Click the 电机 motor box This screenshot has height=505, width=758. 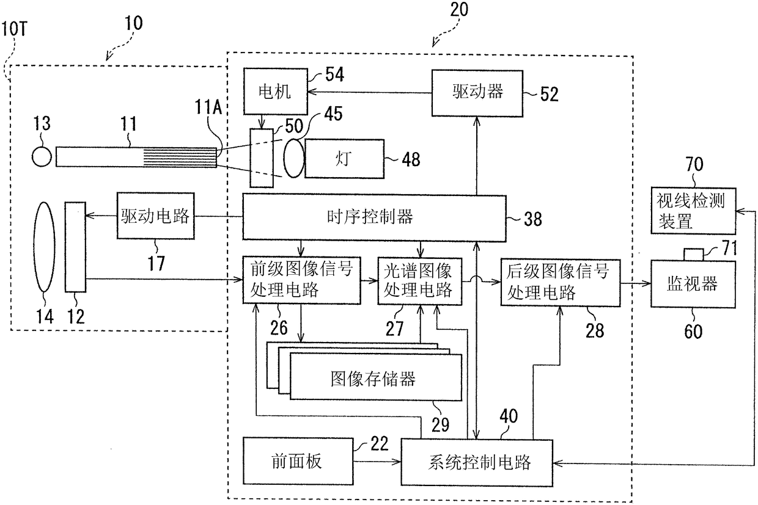[x=276, y=91]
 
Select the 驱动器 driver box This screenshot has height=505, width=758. [x=477, y=93]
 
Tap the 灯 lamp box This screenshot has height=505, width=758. [x=344, y=159]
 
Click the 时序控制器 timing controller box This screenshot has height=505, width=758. [x=374, y=217]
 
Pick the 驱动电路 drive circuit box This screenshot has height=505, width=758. [x=156, y=216]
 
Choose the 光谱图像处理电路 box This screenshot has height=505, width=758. [x=419, y=282]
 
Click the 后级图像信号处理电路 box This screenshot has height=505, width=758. [x=561, y=283]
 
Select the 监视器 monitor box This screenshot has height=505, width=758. [x=693, y=284]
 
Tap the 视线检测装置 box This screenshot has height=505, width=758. [x=693, y=211]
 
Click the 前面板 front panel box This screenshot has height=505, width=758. [x=298, y=461]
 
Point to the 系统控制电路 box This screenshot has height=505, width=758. [x=477, y=463]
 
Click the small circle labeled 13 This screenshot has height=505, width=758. [x=42, y=157]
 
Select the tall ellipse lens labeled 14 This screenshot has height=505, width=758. [x=44, y=247]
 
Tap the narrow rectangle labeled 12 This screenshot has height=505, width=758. [x=75, y=247]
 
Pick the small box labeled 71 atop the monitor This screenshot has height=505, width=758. [x=693, y=255]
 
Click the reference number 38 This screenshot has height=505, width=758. [x=533, y=219]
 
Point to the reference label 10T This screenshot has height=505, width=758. [x=14, y=29]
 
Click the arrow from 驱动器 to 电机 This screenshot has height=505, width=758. [x=369, y=92]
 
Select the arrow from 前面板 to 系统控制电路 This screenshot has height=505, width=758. [x=377, y=462]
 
